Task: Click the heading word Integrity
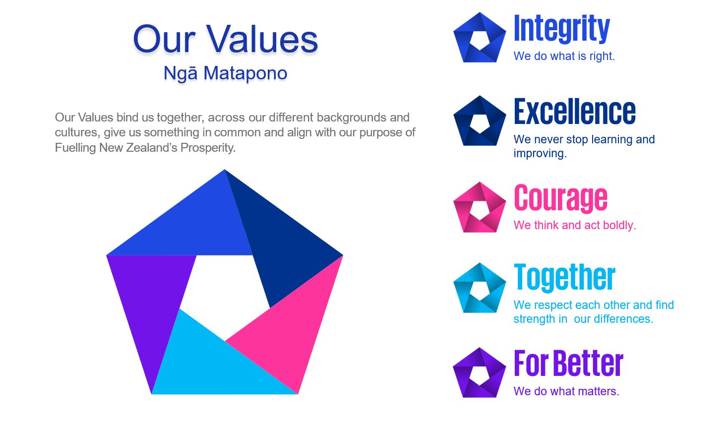[562, 29]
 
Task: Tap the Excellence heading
[574, 112]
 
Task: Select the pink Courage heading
[560, 198]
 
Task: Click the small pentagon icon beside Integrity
[480, 37]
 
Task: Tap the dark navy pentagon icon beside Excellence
[480, 121]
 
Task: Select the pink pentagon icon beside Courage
[480, 207]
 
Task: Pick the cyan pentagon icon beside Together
[480, 288]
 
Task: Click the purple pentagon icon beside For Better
[480, 372]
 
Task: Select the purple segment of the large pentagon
[149, 299]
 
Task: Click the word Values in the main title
[262, 40]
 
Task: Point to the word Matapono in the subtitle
[245, 73]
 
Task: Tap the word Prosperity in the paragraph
[208, 148]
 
